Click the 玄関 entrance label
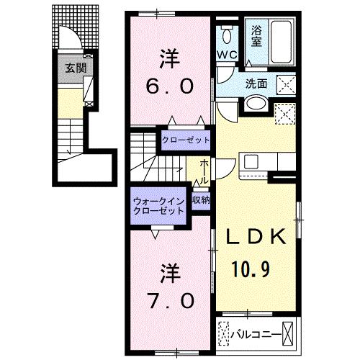click(71, 68)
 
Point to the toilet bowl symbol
click(228, 35)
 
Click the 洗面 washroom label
click(256, 83)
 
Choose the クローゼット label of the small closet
click(185, 140)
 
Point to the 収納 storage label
click(201, 201)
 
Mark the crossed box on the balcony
click(289, 334)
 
